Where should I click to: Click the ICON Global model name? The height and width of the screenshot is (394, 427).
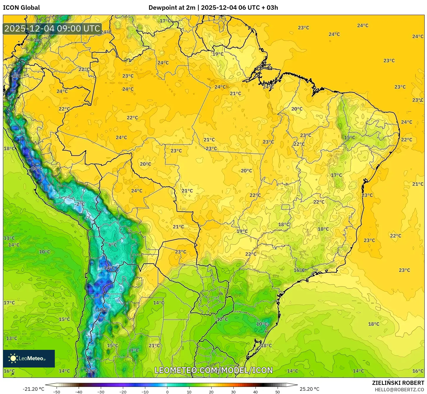coord(22,8)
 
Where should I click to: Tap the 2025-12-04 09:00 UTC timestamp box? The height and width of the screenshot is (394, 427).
coord(52,29)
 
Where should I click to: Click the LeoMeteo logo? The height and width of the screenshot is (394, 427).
coord(29,358)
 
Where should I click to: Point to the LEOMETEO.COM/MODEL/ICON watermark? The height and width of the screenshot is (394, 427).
coord(214,370)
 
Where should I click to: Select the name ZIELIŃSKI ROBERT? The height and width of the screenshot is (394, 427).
coord(398,383)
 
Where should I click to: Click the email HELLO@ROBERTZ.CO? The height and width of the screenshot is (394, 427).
coord(399,390)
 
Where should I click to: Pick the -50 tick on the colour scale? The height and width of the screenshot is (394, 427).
coord(57,392)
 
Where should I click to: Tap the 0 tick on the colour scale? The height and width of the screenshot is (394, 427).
coord(167,392)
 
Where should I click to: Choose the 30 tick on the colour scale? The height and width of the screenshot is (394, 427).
coord(233,392)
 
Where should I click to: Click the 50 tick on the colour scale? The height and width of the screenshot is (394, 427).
coord(278,392)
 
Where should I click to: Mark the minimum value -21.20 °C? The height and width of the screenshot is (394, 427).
coord(33,389)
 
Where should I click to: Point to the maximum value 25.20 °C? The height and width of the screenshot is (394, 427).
coord(309,389)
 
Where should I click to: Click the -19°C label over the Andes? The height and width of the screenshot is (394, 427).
coord(102,310)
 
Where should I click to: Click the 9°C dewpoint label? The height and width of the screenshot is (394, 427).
coord(134,350)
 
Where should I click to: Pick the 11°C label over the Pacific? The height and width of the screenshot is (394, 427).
coord(9,238)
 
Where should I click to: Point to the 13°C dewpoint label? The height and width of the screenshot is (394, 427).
coord(12,338)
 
